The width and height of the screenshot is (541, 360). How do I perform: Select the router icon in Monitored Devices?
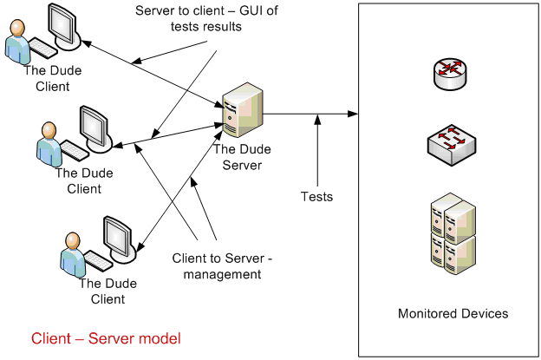pos(449,75)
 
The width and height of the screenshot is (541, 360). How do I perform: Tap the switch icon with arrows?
pos(449,143)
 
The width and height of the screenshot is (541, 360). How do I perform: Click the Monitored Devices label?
pos(453,313)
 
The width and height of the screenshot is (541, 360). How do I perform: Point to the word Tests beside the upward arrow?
pos(316,197)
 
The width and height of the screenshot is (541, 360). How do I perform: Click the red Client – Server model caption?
pos(106,338)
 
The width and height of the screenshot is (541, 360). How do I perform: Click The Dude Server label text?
pos(238,158)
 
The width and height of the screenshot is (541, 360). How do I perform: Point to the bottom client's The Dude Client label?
pos(101,291)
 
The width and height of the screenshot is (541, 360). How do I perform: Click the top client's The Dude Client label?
pos(46,79)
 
